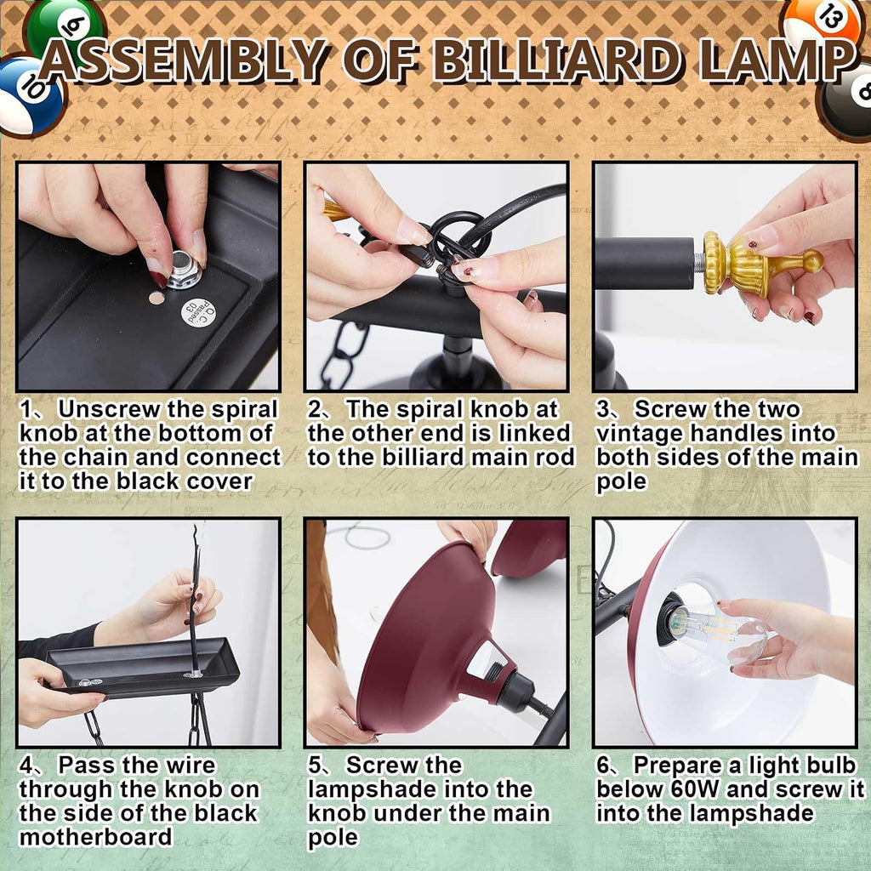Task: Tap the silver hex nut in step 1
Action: [184, 270]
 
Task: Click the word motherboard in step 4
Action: [95, 837]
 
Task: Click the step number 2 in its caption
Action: [315, 409]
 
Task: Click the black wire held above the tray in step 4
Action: [194, 600]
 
